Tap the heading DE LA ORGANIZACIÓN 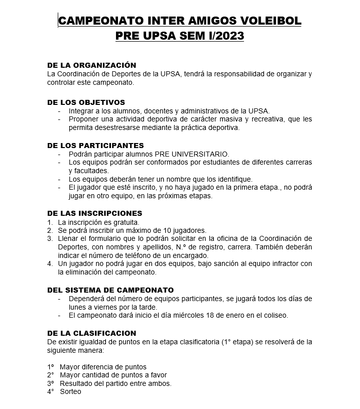coord(91,65)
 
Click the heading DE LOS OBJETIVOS coord(86,102)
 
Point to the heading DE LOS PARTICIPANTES coord(95,146)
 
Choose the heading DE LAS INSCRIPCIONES coord(94,213)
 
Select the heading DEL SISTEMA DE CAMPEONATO coord(110,290)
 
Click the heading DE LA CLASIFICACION coord(91,333)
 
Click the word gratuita coord(124,222)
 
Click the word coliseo coord(275,316)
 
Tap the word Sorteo coord(70,392)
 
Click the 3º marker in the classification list coord(50,383)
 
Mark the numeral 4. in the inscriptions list coord(50,264)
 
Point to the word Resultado coord(77,383)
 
